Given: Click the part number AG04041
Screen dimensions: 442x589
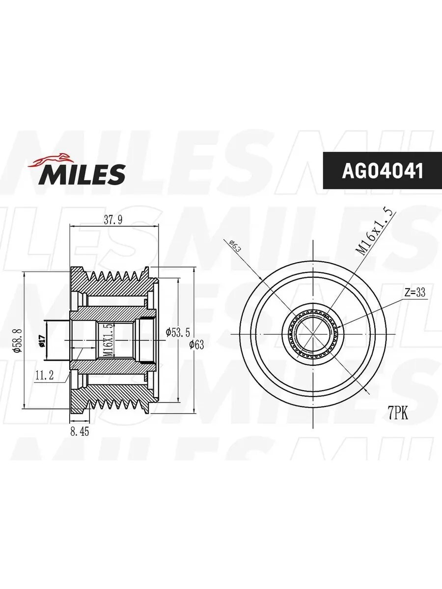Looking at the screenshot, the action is click(383, 171).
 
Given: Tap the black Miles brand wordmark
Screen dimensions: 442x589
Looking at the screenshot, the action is click(82, 174).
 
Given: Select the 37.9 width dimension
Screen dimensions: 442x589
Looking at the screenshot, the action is click(113, 220).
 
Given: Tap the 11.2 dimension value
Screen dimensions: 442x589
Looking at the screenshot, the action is click(44, 375).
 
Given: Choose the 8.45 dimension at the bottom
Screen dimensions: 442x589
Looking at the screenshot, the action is click(80, 432).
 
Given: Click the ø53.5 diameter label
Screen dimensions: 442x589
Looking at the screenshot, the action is click(178, 332).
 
